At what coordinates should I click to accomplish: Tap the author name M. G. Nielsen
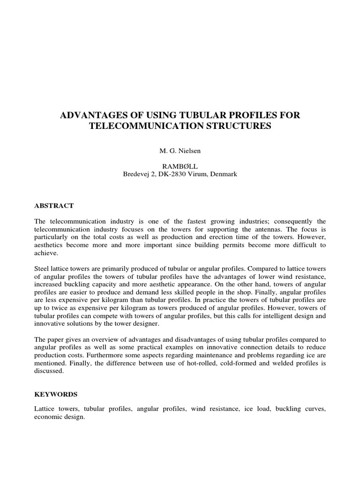click(x=180, y=151)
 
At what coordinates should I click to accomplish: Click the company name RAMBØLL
click(x=180, y=165)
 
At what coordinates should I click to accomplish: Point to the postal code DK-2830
click(x=174, y=174)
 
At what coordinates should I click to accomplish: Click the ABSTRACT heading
click(x=54, y=205)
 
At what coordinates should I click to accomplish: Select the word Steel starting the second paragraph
click(x=43, y=269)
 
